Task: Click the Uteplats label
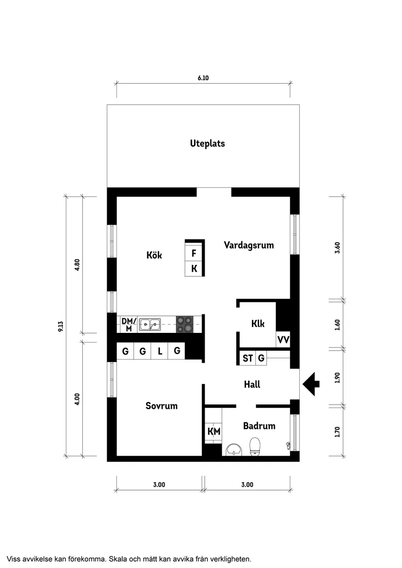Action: point(207,144)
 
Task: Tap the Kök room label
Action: point(154,255)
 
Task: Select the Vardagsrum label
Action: point(249,245)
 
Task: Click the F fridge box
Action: point(194,254)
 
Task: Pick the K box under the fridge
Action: point(194,269)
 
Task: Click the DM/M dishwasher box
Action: point(127,324)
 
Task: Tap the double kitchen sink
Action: point(150,324)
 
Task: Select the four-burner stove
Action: point(184,324)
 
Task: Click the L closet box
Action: point(160,351)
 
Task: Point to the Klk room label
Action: point(258,324)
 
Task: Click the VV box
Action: point(283,340)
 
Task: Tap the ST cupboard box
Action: point(248,359)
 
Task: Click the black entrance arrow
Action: point(311,384)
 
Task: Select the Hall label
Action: point(252,385)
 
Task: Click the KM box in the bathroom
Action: point(213,431)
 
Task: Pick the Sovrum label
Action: point(161,406)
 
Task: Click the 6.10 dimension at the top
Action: point(203,78)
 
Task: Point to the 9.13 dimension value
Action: point(60,327)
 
